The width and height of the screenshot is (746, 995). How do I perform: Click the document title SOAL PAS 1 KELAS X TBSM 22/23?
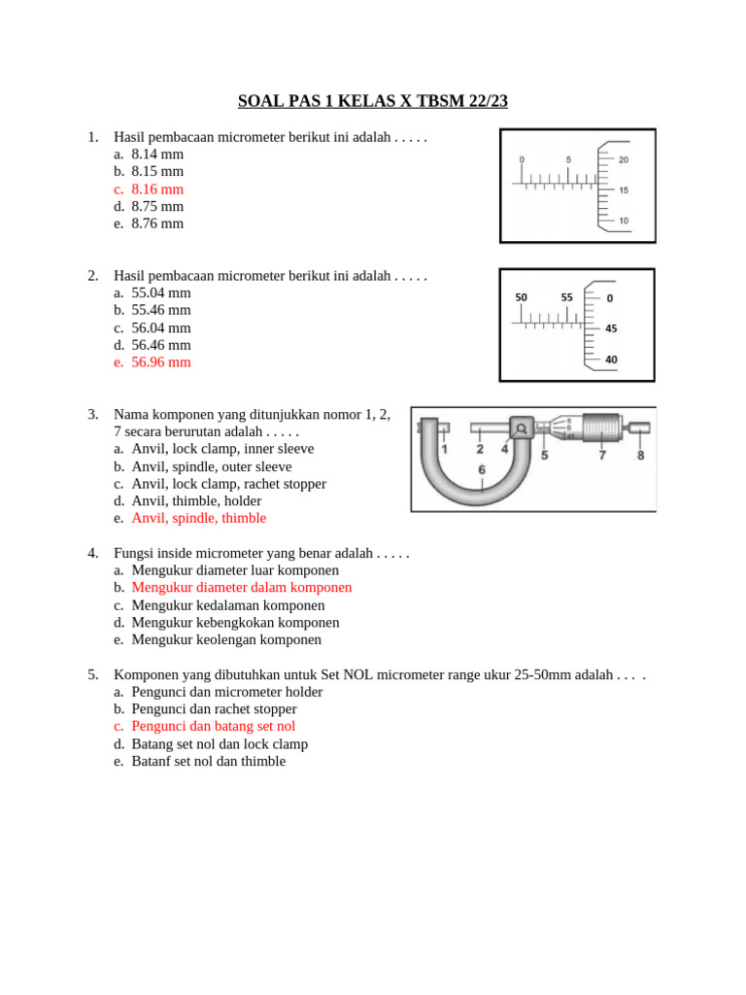pos(373,101)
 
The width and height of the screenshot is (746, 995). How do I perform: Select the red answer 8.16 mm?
pos(156,189)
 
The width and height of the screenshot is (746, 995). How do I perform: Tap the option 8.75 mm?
pos(156,206)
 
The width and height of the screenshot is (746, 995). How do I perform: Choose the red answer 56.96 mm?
pos(160,362)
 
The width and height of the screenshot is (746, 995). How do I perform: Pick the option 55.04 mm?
pos(160,292)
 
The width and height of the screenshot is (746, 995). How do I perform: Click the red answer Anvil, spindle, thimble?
pos(198,518)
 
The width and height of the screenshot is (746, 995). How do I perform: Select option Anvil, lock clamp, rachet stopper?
pos(228,484)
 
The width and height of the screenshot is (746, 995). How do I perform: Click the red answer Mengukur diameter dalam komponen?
pos(241,588)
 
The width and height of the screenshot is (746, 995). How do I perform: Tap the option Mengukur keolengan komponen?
pos(225,640)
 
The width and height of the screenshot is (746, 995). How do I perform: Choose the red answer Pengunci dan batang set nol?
pos(213,726)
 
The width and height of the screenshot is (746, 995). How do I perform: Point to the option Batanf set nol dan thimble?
pos(208,761)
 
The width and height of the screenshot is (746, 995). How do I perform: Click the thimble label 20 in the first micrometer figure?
pos(623,159)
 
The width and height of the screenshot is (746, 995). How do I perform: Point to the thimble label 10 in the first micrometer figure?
pos(623,221)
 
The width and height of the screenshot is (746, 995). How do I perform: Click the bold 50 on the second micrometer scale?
pos(522,297)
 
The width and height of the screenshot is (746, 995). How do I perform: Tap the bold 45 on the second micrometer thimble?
pos(610,328)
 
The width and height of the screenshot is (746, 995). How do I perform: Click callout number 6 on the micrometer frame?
pos(482,470)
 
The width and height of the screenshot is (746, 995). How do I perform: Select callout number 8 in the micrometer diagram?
pos(640,453)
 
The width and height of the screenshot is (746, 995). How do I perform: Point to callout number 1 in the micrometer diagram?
pos(444,449)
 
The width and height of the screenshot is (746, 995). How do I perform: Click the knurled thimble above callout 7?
pos(602,427)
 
